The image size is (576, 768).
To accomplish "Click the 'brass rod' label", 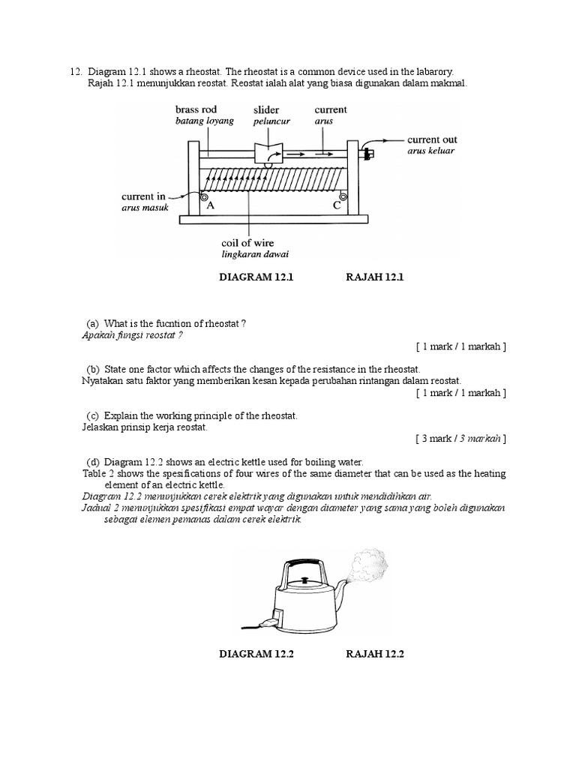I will [x=196, y=109].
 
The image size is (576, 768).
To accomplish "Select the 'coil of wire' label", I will [x=247, y=242].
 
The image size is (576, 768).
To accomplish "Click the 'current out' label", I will [x=431, y=139].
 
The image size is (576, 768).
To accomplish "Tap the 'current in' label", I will [x=143, y=196].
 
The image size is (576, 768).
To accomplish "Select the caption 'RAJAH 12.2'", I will [x=375, y=654].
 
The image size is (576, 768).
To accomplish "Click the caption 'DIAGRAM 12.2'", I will [x=257, y=654].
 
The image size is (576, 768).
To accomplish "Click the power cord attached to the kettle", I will [x=255, y=623].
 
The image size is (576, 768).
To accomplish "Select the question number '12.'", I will [x=75, y=70].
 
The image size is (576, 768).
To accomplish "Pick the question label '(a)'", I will [x=93, y=323].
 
